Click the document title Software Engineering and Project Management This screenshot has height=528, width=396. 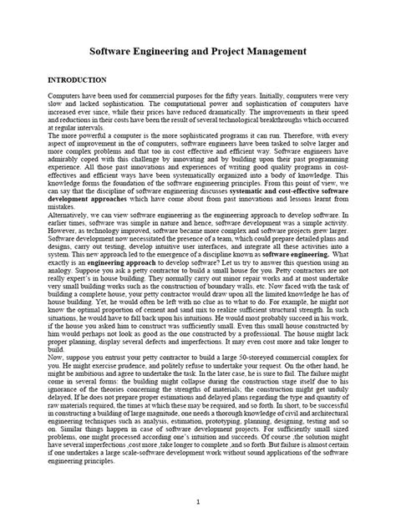197,52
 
